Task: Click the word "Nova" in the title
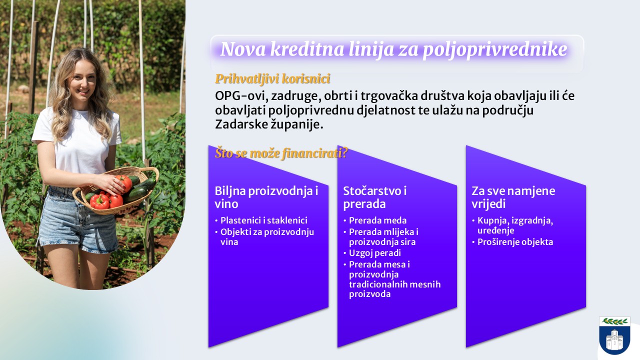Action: (243, 49)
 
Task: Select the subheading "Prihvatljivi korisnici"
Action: (272, 78)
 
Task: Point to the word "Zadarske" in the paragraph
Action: (241, 124)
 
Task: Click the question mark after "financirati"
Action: (344, 153)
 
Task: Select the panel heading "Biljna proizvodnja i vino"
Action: (266, 197)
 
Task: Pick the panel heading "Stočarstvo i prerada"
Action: (374, 197)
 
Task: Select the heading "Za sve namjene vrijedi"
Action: (513, 197)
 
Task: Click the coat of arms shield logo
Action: (614, 335)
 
